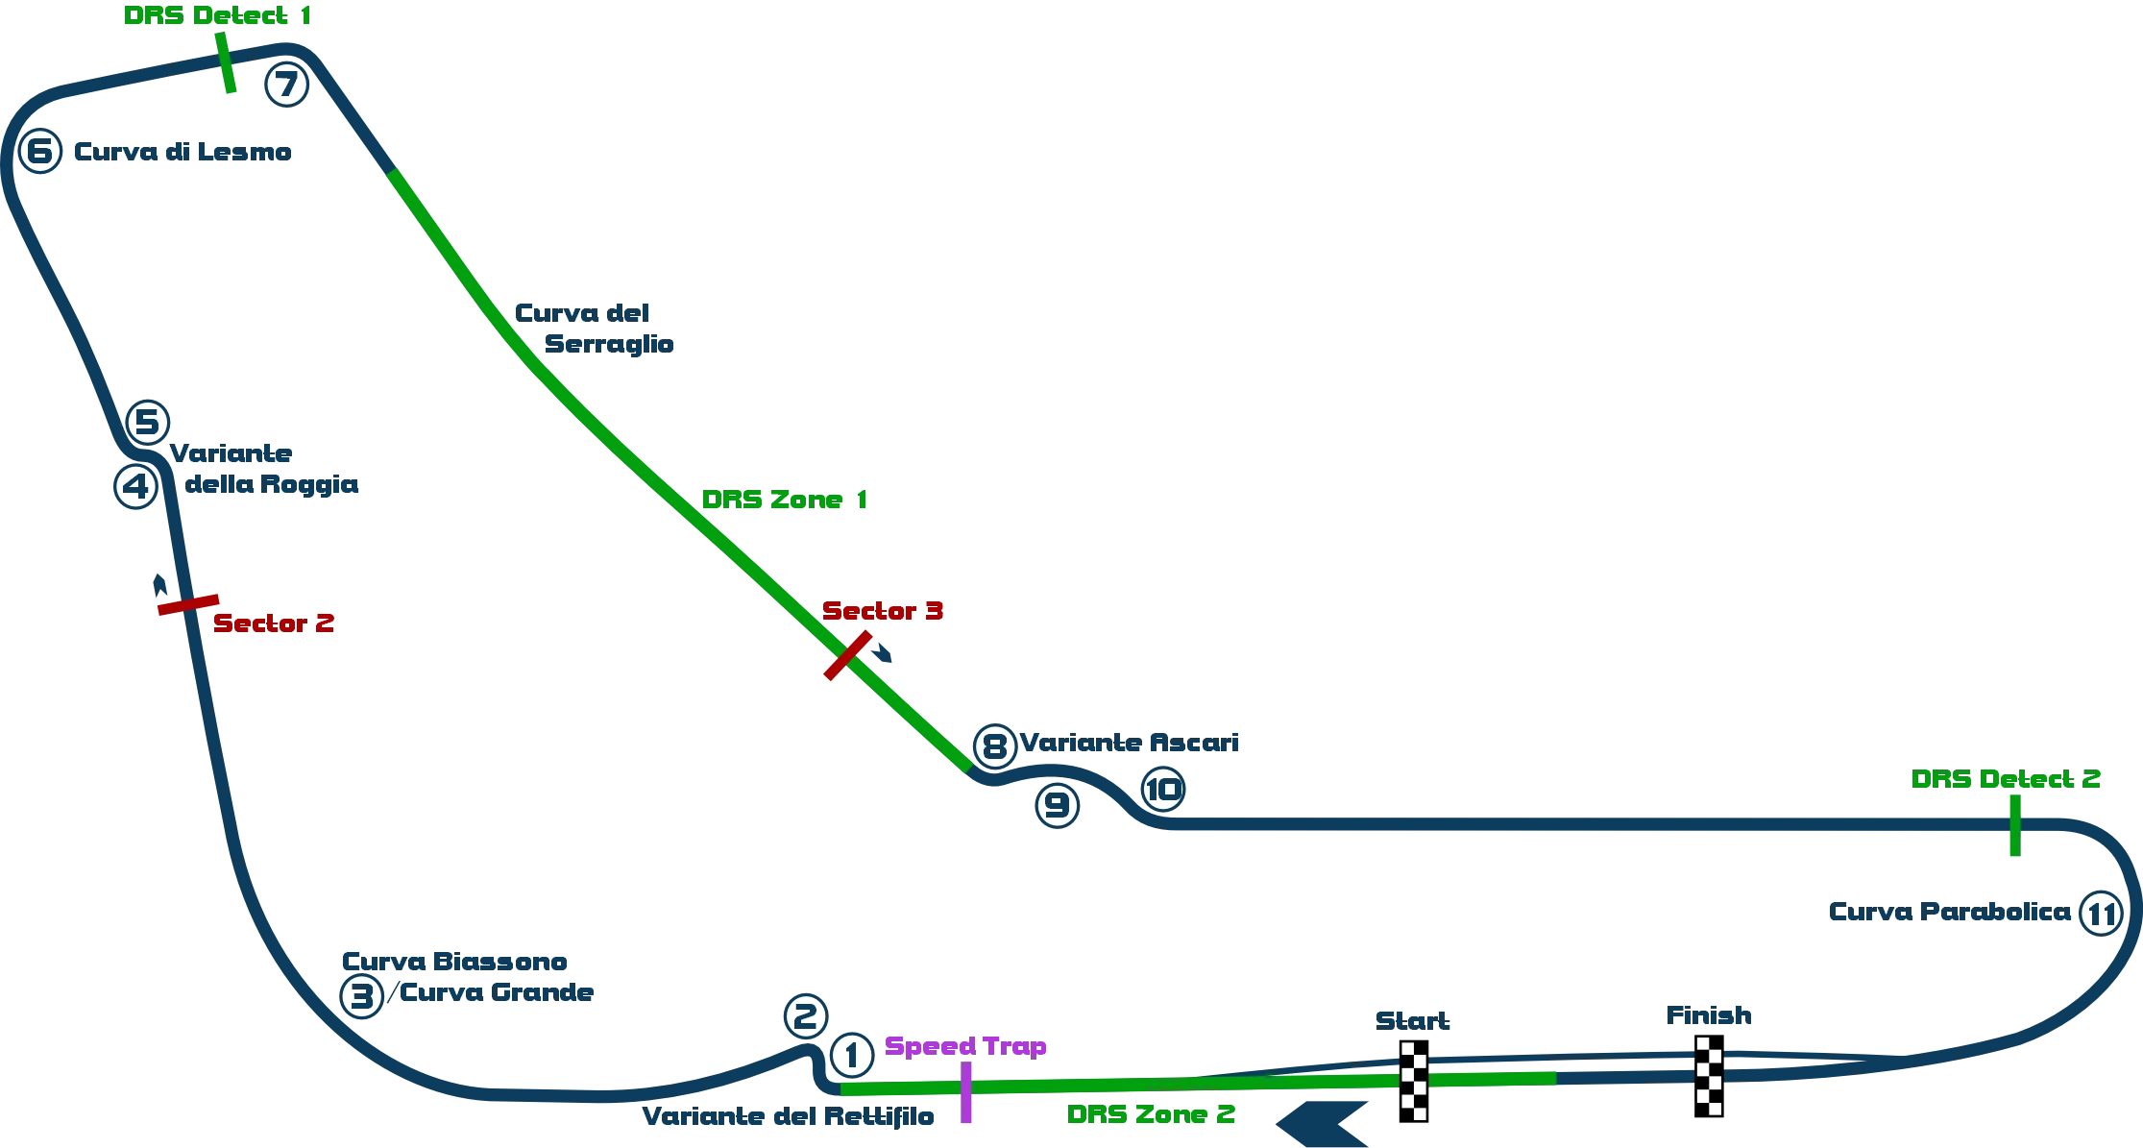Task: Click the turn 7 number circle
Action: (285, 85)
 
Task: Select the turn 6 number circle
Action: (39, 152)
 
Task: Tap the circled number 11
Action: (2100, 914)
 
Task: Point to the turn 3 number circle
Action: (361, 996)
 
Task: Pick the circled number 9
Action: (1056, 805)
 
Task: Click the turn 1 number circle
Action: (851, 1055)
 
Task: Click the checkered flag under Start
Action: (1413, 1083)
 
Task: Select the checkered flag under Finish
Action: (1709, 1076)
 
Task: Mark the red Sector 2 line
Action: (187, 606)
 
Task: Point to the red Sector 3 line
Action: (847, 656)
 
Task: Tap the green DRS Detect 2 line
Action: (2013, 825)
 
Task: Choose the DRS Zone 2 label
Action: (1152, 1116)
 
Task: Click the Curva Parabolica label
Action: (1950, 912)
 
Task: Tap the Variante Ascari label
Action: (1132, 743)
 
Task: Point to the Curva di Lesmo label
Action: (182, 153)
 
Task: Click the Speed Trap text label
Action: (966, 1047)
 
